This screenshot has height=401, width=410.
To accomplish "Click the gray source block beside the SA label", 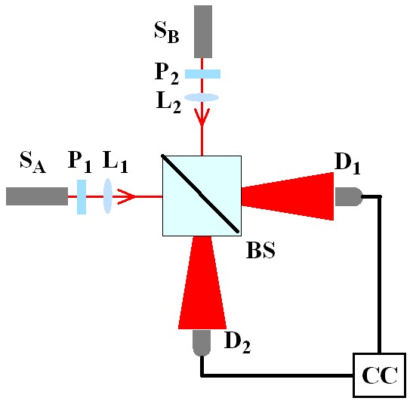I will coord(36,196).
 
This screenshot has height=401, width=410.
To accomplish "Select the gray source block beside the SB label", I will coord(202,31).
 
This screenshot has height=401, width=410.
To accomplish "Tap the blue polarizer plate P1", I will coord(82,196).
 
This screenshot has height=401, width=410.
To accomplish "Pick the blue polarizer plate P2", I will coord(202,74).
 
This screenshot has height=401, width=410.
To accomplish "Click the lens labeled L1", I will coord(107,196).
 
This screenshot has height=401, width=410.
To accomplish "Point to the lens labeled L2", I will coord(202,97).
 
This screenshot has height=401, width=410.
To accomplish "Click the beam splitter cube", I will coord(202,196).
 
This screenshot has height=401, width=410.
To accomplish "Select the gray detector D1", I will coord(347,197).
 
